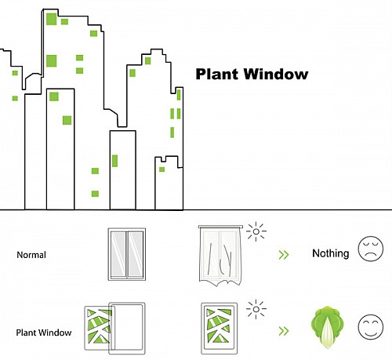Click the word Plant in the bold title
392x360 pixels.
tap(218, 75)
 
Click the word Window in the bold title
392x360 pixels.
tap(276, 74)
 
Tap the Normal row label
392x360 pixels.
tap(31, 255)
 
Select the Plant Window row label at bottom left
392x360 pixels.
tap(44, 333)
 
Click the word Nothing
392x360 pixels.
tap(331, 253)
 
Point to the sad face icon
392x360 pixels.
tap(371, 249)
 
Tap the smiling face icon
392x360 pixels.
tap(371, 327)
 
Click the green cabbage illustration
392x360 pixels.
tap(327, 327)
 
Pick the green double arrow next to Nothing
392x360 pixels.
tap(284, 255)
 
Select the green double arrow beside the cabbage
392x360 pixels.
tap(284, 331)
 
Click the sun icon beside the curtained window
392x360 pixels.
tap(256, 231)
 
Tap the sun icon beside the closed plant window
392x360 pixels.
tap(256, 309)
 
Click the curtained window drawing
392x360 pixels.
tap(220, 256)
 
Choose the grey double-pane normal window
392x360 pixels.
tap(127, 254)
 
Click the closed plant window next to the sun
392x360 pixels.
tap(220, 329)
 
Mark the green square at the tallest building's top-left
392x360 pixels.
tap(52, 19)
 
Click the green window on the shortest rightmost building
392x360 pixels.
tap(162, 169)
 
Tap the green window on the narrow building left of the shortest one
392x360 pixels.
tap(114, 161)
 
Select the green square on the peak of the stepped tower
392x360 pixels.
tap(148, 61)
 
